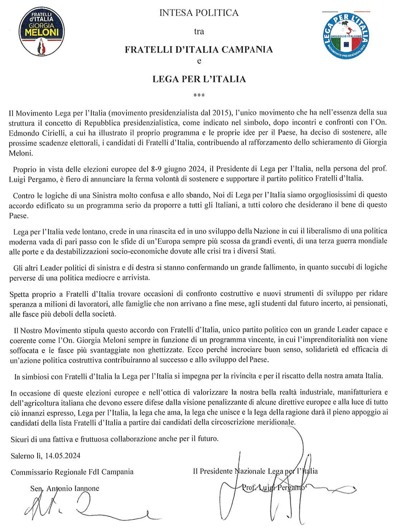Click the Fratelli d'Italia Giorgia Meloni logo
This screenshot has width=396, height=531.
click(x=42, y=31)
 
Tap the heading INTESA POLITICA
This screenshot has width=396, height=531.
click(x=199, y=13)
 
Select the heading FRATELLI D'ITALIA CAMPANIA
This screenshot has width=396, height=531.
click(x=199, y=49)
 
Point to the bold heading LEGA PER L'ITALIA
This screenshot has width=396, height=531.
click(x=199, y=79)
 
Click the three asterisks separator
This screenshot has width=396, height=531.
click(x=199, y=95)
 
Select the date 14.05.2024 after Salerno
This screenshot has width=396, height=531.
click(x=63, y=456)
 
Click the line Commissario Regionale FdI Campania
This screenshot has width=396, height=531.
click(x=72, y=472)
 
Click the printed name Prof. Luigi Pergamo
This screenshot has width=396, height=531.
click(x=273, y=487)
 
